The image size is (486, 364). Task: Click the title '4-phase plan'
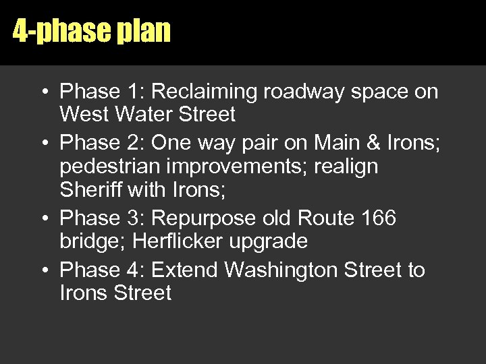(92, 32)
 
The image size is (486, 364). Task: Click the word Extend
(185, 270)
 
